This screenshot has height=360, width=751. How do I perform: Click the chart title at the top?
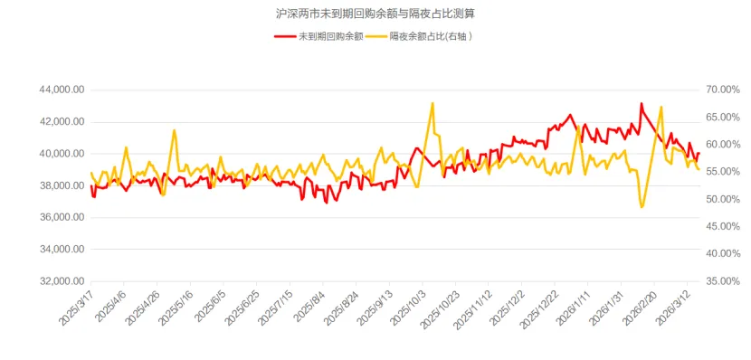(375, 14)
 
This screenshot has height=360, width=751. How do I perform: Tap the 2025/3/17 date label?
(77, 308)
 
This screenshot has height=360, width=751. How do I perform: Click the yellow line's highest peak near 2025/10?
(433, 103)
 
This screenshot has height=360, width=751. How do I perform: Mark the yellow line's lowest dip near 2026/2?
(642, 207)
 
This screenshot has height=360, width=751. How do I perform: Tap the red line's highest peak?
(641, 104)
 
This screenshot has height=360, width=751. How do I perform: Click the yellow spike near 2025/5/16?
(174, 131)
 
